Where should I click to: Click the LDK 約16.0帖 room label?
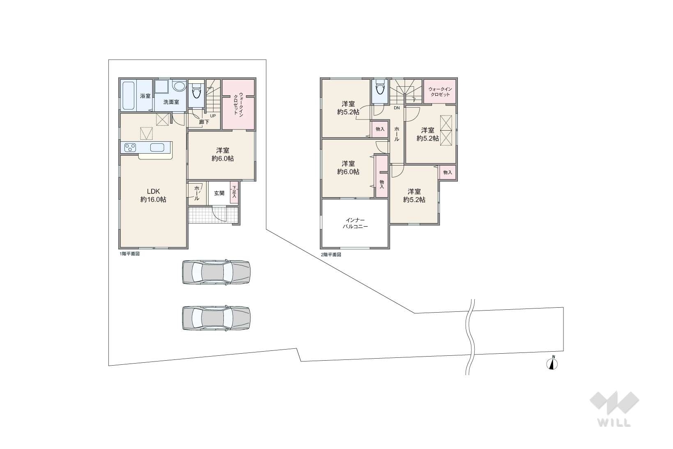pos(153,196)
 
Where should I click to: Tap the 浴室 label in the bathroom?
pos(145,96)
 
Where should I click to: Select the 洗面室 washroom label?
pos(171,102)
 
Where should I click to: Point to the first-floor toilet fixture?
pos(196,90)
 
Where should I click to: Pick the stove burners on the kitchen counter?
pos(130,147)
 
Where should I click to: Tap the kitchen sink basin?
pos(157,147)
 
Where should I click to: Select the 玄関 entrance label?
pos(219,193)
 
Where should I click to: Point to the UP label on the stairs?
pos(213,116)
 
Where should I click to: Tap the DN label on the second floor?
pos(397,108)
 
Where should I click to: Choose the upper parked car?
pos(216,272)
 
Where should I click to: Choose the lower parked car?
pos(216,318)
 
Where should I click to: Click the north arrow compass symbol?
pos(552,363)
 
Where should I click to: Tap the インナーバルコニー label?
pos(356,223)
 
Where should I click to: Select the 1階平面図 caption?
pos(129,253)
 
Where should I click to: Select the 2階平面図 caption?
pos(331,255)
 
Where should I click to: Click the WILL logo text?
pos(614,423)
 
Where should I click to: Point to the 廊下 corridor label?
pos(204,122)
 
